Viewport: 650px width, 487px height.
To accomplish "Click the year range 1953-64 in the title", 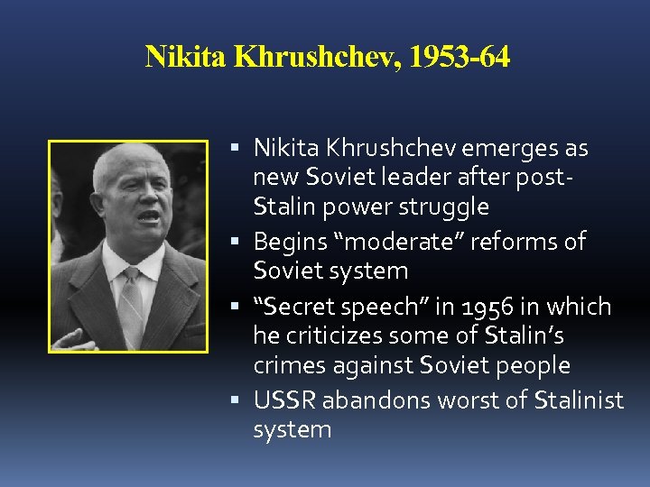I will [x=460, y=58].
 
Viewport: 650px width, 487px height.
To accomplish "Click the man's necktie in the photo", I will [x=134, y=288].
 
